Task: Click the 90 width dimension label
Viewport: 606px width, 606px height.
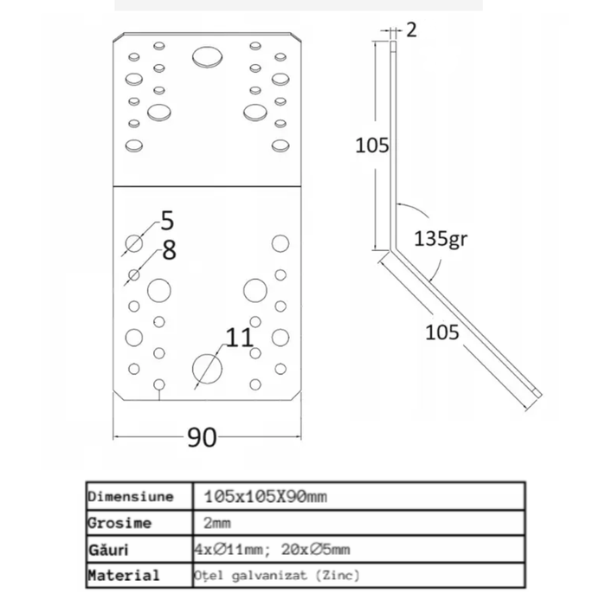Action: pos(202,437)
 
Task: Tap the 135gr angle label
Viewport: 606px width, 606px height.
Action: pos(441,238)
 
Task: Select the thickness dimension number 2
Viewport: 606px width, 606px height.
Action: pos(411,29)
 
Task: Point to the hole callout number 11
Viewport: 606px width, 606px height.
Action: pos(239,338)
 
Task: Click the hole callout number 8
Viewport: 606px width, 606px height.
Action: pos(170,250)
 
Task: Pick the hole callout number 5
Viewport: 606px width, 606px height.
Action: pos(167,221)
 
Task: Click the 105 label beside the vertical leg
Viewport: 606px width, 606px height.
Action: pos(371,145)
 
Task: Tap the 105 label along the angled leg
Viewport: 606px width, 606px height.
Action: pos(442,332)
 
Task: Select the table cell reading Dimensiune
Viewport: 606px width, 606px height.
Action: pos(131,496)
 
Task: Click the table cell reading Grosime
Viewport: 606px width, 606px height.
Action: pos(119,523)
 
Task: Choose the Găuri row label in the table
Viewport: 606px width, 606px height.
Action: pos(108,549)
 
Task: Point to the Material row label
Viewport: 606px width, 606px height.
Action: pos(124,575)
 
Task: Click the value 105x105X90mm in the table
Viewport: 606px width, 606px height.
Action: pos(266,496)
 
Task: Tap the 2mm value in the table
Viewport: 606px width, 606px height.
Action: pos(217,523)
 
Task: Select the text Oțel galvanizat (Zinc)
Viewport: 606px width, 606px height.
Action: pos(277,576)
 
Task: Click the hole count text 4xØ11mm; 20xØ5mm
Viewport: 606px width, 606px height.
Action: pos(272,549)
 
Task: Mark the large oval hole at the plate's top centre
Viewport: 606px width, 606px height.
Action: pos(208,57)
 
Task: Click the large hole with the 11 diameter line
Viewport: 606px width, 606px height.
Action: pos(208,368)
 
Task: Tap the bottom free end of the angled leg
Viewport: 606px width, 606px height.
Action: pos(538,394)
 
